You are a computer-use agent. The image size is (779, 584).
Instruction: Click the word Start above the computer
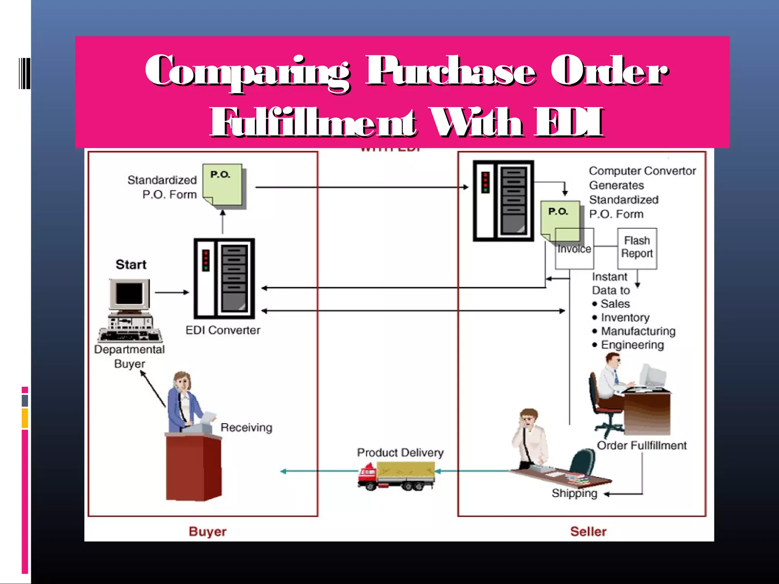tap(131, 264)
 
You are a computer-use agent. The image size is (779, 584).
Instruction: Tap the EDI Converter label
tap(223, 330)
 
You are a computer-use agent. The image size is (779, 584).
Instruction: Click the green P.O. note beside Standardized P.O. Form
tap(223, 185)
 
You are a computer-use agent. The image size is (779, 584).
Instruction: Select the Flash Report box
tap(637, 248)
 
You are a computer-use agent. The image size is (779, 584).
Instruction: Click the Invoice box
tap(574, 249)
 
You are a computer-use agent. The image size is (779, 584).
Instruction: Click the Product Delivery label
tap(400, 452)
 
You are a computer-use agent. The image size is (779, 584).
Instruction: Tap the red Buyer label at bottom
tap(207, 531)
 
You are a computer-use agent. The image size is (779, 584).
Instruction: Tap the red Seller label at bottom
tap(588, 531)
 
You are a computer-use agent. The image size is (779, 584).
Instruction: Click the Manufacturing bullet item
tap(638, 331)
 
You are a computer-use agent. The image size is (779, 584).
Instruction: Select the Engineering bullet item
tap(632, 344)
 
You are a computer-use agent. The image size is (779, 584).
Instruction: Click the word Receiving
tap(246, 427)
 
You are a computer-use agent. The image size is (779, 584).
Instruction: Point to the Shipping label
tap(574, 493)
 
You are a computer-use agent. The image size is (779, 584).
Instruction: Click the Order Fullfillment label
tap(642, 445)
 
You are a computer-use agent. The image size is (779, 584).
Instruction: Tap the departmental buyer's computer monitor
tap(129, 294)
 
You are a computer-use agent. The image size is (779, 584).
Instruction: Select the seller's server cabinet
tap(503, 201)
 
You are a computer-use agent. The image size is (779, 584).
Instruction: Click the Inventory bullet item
tap(625, 317)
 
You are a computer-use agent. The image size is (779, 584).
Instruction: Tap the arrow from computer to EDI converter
tap(172, 292)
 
